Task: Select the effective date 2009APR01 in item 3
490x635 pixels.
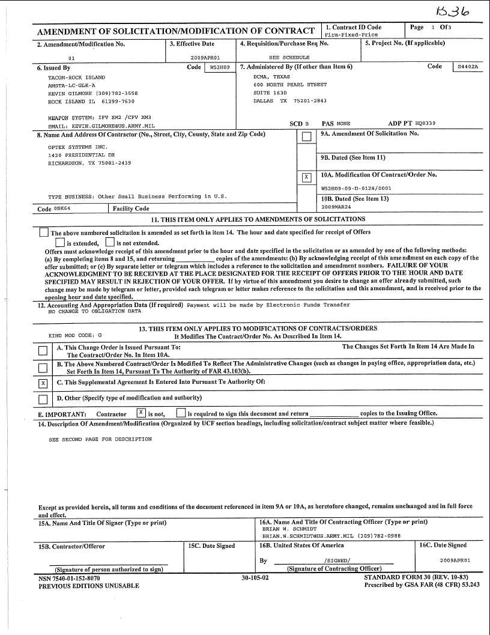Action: point(197,58)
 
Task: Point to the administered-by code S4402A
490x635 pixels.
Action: point(468,67)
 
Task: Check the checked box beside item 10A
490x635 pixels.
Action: point(306,177)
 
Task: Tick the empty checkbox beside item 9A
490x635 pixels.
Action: point(306,137)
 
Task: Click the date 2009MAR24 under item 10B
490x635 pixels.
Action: point(334,207)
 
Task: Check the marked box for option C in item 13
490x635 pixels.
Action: point(43,383)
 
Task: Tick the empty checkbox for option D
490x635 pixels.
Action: point(43,400)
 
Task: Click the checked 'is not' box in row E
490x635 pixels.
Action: point(141,413)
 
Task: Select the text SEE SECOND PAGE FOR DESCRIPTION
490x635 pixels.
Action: point(100,439)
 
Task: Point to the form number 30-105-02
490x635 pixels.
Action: point(255,577)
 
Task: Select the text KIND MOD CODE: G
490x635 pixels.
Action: point(75,335)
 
